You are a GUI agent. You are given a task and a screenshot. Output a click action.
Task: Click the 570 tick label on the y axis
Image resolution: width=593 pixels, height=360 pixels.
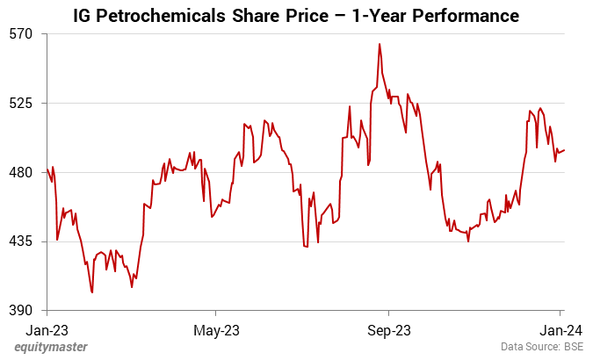[20, 33]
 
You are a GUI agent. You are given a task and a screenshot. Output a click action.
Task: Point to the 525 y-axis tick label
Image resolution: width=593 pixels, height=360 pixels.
[20, 103]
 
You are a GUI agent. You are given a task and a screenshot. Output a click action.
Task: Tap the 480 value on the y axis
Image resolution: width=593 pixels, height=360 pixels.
[20, 172]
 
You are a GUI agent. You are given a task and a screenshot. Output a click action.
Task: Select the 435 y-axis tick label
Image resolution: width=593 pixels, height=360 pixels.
[20, 241]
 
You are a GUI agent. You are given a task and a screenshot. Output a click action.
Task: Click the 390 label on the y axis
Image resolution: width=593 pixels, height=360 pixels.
[20, 311]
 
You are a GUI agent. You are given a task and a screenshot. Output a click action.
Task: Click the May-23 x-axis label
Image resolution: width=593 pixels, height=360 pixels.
[216, 330]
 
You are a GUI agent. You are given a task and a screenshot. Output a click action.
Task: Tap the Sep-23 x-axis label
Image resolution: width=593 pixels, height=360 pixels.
[388, 330]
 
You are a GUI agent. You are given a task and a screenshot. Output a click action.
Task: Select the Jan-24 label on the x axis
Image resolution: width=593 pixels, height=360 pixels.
[560, 330]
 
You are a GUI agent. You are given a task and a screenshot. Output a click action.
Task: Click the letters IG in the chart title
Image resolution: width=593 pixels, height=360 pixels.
[83, 16]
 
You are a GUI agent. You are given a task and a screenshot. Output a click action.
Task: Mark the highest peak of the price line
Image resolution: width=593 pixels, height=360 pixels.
[380, 44]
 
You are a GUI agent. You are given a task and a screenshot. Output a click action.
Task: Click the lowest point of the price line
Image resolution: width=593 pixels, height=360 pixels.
[92, 292]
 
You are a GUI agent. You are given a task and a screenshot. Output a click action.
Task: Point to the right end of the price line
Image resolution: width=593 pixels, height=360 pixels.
[564, 150]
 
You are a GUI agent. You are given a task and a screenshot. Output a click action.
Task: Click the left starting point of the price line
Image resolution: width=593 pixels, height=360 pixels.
[47, 169]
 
